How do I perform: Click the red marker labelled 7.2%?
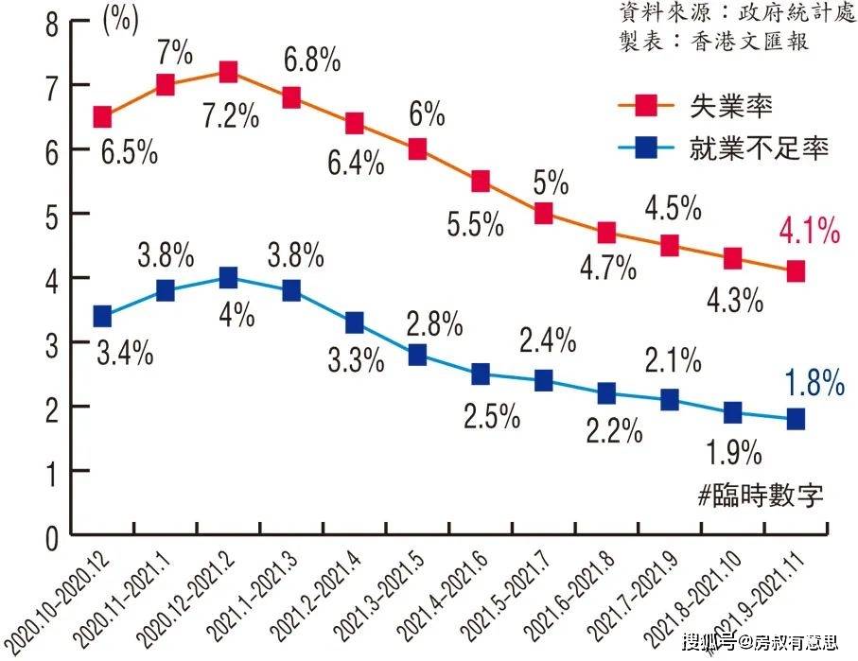coord(228,72)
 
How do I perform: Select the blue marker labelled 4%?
coord(228,277)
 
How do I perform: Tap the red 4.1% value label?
coord(810,230)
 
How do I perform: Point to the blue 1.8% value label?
coord(814,383)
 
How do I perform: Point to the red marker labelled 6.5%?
coord(102,117)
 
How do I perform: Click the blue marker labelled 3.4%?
coord(102,316)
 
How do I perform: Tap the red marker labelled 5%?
coord(543,213)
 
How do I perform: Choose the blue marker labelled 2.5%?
coord(481,374)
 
